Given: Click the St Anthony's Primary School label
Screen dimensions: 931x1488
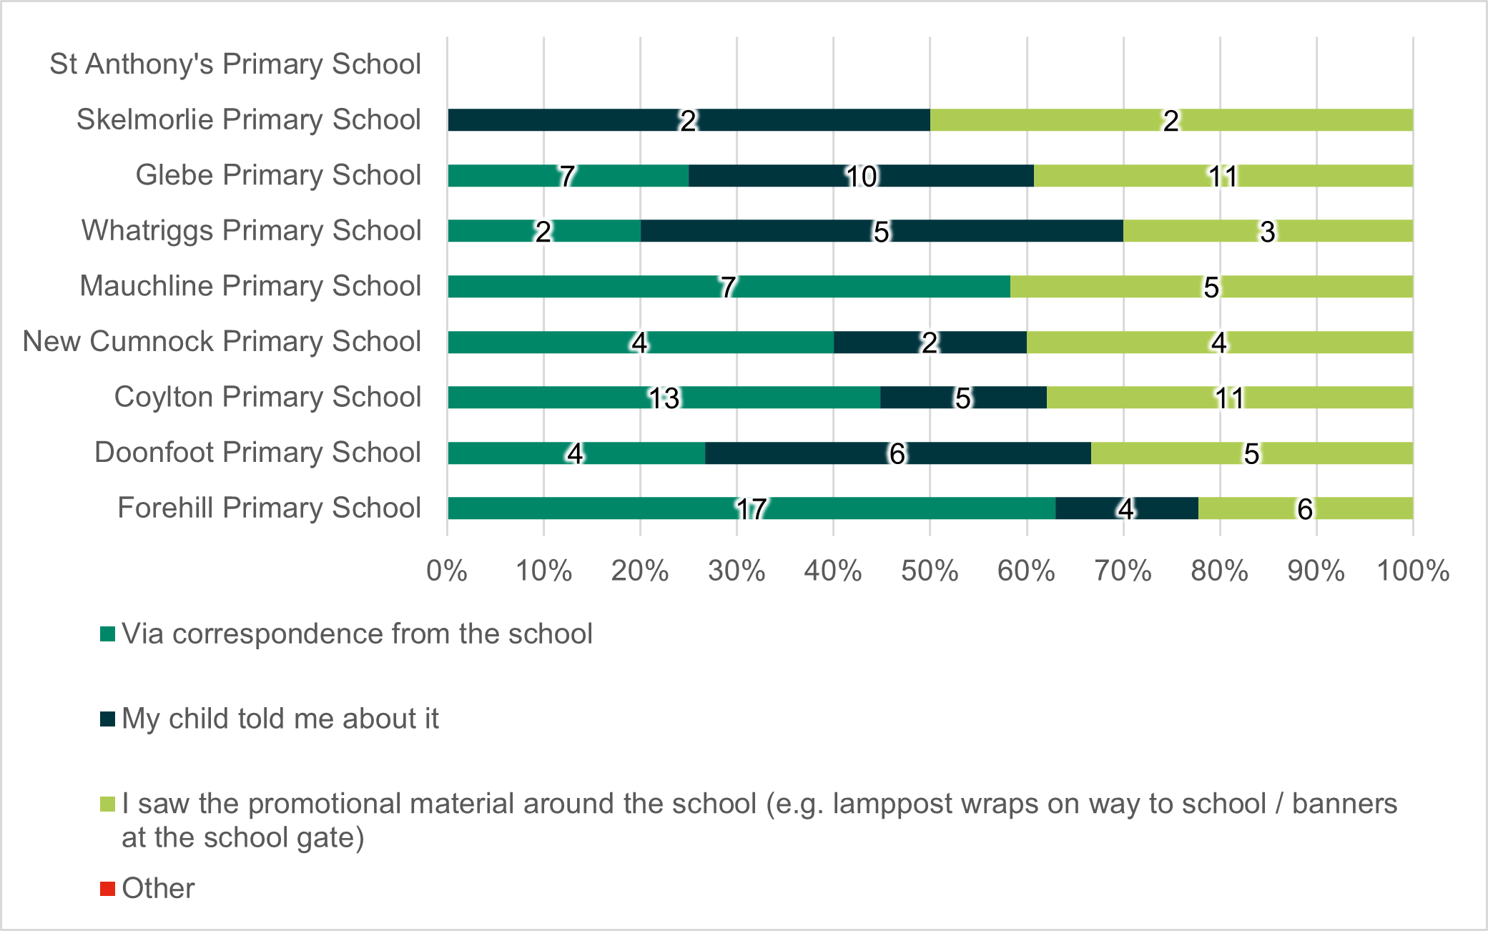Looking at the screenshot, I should click(x=235, y=64).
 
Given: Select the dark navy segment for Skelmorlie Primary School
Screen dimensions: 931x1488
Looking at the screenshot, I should click(x=572, y=120).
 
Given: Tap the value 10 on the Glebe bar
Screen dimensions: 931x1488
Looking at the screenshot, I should click(x=862, y=176).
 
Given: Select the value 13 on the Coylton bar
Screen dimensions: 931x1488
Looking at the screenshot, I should click(x=664, y=398).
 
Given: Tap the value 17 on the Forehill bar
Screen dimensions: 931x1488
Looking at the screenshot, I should click(x=752, y=509).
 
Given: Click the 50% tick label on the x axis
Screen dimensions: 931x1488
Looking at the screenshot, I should click(x=930, y=571).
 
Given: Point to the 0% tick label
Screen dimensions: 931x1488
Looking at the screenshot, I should click(x=447, y=571).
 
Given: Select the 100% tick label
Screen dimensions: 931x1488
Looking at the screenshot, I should click(x=1413, y=571).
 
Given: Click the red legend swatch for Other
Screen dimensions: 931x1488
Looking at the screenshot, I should click(x=107, y=889).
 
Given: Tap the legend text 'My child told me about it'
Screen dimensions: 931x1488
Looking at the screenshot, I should click(x=280, y=719).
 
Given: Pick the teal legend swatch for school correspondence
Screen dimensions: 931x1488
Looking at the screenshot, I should click(x=107, y=634).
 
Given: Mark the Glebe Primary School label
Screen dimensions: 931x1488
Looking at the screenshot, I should click(x=278, y=175).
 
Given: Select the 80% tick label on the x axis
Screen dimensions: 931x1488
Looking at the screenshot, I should click(x=1219, y=571).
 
